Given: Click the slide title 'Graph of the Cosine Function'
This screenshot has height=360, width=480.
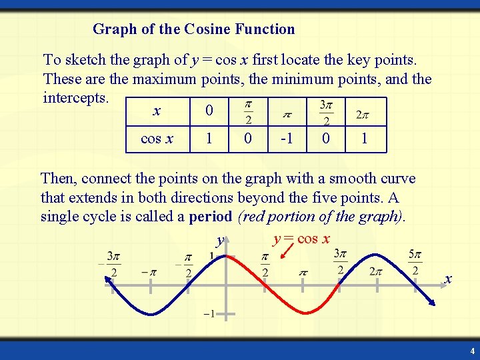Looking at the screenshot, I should (x=193, y=29).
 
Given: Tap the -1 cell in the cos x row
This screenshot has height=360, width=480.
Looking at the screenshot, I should (x=287, y=139).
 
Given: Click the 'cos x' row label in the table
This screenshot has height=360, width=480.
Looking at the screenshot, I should (x=157, y=139).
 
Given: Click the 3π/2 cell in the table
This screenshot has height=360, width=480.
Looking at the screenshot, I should (x=326, y=113).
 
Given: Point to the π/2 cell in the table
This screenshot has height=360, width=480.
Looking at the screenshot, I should (x=248, y=113).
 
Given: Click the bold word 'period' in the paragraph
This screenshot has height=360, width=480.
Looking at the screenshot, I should (x=211, y=217).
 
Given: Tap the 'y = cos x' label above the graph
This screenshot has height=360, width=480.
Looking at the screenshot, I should (x=301, y=239).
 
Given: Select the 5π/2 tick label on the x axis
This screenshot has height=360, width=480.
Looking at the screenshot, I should (x=415, y=263).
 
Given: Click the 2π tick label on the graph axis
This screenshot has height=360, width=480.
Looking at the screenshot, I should (x=377, y=272).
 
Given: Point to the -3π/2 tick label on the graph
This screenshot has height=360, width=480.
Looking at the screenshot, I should (x=112, y=264).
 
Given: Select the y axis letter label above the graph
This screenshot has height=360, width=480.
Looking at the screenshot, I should (x=219, y=240).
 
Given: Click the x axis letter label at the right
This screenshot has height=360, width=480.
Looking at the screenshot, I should (x=448, y=279).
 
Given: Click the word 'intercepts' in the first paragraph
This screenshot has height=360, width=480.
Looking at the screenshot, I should (x=75, y=98).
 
